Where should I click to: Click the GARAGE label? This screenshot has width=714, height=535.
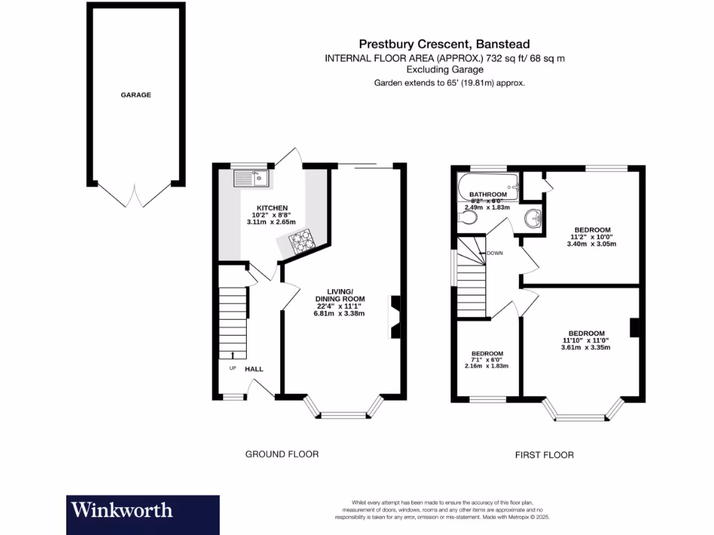coord(136,95)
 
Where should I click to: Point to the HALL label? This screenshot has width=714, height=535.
coord(254,369)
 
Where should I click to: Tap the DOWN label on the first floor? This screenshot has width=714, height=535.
coord(495,253)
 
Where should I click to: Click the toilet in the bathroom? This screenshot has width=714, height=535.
coord(469,219)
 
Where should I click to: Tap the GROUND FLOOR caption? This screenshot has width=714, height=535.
coord(282,454)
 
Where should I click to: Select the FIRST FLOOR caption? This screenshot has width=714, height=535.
coord(545,455)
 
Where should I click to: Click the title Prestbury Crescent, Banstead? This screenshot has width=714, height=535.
coord(444,42)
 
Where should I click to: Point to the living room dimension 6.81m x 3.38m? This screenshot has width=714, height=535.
coord(340,313)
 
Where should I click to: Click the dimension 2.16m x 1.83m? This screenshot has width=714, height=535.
coord(487,366)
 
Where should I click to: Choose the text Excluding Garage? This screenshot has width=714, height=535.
coord(445,70)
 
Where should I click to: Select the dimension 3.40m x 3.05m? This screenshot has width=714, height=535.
coord(592,244)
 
